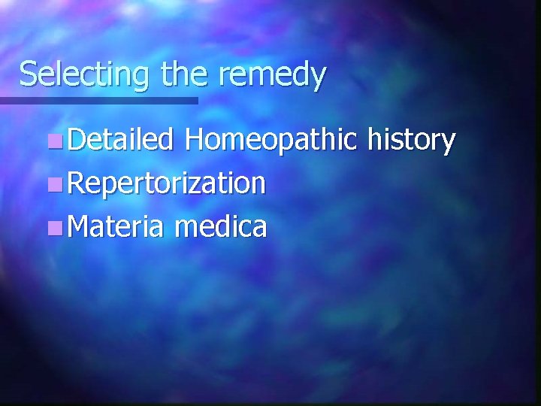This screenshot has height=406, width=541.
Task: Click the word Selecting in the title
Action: tap(86, 75)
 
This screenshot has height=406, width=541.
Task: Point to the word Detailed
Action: tap(120, 140)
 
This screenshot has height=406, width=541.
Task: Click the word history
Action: tap(413, 141)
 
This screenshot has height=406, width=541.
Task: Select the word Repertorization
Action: tap(166, 183)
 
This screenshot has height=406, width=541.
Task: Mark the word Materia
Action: tap(114, 226)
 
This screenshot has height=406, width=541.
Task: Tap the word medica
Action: tap(219, 226)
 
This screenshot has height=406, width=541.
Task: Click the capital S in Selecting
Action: tap(28, 74)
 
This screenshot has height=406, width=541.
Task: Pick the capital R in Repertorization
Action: tap(74, 183)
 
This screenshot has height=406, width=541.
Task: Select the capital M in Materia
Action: tap(77, 226)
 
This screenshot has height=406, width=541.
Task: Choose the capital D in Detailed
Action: tap(74, 140)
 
